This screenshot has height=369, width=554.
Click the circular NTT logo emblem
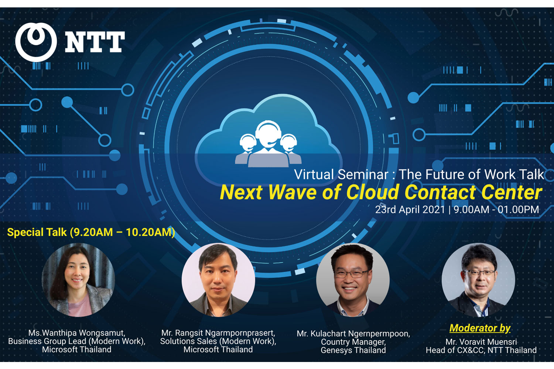click(x=36, y=42)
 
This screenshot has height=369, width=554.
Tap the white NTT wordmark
click(x=95, y=42)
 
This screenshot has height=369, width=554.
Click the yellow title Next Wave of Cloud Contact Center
click(x=381, y=192)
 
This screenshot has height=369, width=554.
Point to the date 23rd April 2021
click(x=410, y=210)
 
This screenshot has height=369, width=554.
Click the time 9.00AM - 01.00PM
click(x=496, y=210)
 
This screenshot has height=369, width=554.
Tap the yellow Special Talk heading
click(x=91, y=232)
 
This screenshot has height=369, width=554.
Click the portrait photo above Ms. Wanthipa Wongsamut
click(x=78, y=280)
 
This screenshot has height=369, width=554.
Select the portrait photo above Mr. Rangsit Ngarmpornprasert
click(x=218, y=280)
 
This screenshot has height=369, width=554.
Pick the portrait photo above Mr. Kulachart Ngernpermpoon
click(x=353, y=280)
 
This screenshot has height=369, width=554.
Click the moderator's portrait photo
click(x=478, y=280)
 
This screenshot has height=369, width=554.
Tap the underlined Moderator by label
click(x=480, y=328)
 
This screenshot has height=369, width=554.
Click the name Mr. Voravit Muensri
click(x=481, y=342)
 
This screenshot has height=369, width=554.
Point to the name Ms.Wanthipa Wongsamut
click(x=77, y=333)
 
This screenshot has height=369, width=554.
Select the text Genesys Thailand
click(x=353, y=350)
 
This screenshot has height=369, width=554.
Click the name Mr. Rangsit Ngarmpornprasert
click(x=218, y=333)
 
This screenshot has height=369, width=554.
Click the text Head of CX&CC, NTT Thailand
click(x=481, y=350)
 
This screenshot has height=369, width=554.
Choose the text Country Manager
click(x=353, y=342)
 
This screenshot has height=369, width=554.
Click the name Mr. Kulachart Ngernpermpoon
click(x=353, y=334)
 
